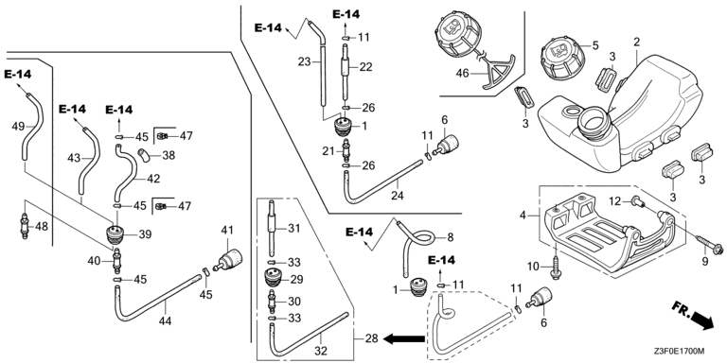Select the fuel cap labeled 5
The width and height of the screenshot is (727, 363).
point(562,60)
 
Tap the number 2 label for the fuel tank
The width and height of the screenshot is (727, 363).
point(636,43)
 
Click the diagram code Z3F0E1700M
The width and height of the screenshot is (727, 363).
point(680,352)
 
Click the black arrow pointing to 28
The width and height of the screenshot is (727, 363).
point(405,339)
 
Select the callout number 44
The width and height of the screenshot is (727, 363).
point(165,320)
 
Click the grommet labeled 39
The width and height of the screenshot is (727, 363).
point(115,234)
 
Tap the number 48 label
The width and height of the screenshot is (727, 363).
point(42,227)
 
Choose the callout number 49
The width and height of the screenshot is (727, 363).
point(18,126)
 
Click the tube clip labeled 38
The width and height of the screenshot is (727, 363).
point(143,155)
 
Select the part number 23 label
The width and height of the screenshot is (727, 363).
point(304,61)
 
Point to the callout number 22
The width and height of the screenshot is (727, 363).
point(365,67)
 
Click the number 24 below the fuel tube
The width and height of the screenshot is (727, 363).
point(398,196)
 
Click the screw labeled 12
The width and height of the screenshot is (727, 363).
point(635,202)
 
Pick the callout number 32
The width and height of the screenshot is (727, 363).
point(321,351)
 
